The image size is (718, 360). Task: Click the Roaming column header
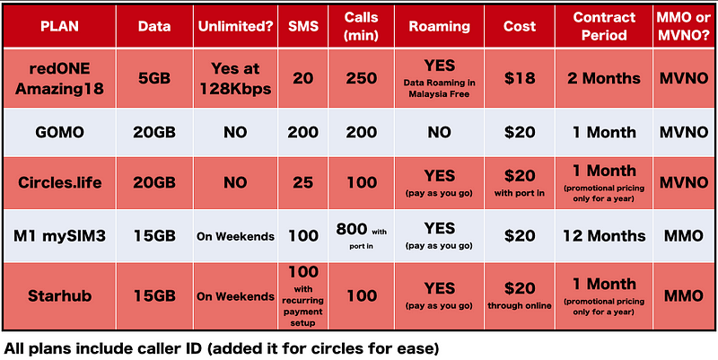tap(439, 26)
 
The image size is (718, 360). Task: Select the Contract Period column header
tap(604, 26)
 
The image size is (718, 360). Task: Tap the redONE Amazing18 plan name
tap(59, 78)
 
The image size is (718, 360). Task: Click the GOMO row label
tap(59, 132)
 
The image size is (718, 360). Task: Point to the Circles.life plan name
tap(59, 182)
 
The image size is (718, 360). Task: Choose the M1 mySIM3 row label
tap(59, 235)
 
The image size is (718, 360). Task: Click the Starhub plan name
tap(59, 295)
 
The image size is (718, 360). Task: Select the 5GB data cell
tap(154, 78)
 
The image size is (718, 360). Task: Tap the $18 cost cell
tap(520, 78)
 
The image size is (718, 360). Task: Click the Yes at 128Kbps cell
tap(235, 78)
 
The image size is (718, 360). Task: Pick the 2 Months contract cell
tap(604, 78)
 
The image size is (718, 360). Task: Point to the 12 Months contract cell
tap(604, 235)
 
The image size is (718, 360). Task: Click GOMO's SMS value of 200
tap(302, 132)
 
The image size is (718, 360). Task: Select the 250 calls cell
tap(362, 78)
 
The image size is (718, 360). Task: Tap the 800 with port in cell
tap(362, 235)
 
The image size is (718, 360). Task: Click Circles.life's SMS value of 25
tap(302, 182)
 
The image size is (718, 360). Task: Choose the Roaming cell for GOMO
tap(439, 132)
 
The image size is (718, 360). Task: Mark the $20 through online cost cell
tap(520, 295)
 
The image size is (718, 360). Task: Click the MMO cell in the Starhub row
tap(685, 295)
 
